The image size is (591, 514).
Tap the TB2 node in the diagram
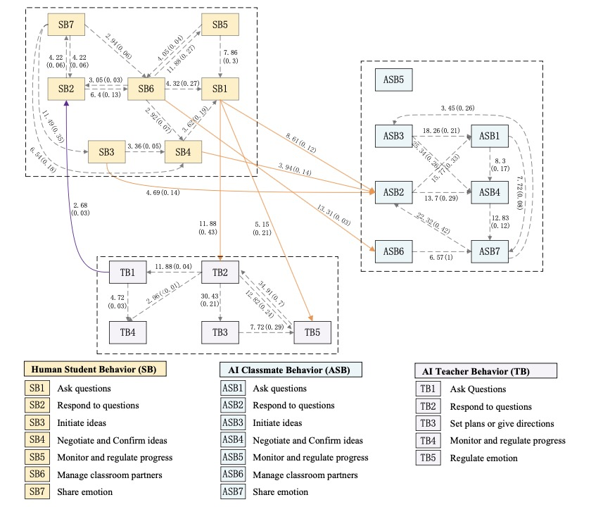(221, 272)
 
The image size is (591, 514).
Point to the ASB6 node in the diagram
(394, 251)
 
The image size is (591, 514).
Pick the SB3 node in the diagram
(106, 152)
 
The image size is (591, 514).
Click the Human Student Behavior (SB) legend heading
(95, 369)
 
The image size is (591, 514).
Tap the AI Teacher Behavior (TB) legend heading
(485, 370)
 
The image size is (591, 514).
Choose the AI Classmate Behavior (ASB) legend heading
(290, 369)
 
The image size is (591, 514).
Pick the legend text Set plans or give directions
(502, 423)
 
